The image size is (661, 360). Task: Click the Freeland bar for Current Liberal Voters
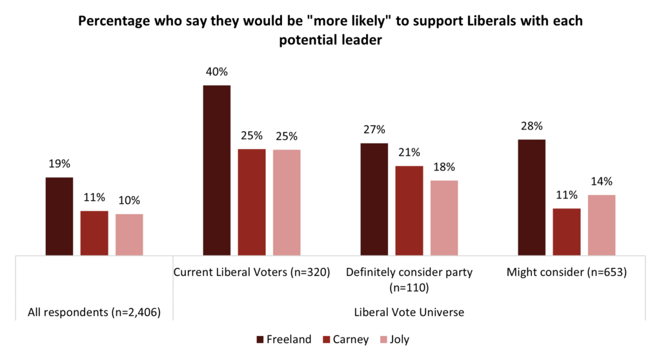point(216,170)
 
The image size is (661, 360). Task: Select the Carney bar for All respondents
point(94,233)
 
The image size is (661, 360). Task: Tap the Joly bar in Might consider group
point(602,225)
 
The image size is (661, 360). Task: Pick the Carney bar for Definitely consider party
point(409,210)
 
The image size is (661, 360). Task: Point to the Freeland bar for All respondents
point(59,216)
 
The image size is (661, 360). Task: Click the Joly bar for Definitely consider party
point(444,217)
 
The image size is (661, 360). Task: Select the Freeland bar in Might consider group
point(532,197)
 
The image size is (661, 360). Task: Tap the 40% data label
point(216,72)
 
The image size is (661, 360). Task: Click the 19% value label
point(59,164)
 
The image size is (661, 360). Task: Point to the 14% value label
point(602,181)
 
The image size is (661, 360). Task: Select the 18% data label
point(444,167)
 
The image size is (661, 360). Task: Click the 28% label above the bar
point(532,126)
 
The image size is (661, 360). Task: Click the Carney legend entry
point(347,339)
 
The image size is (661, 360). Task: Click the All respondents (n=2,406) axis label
point(94,313)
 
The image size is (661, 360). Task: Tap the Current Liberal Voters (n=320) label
point(252,272)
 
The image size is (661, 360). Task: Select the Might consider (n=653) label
point(567,272)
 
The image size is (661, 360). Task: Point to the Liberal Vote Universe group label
point(409,313)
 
